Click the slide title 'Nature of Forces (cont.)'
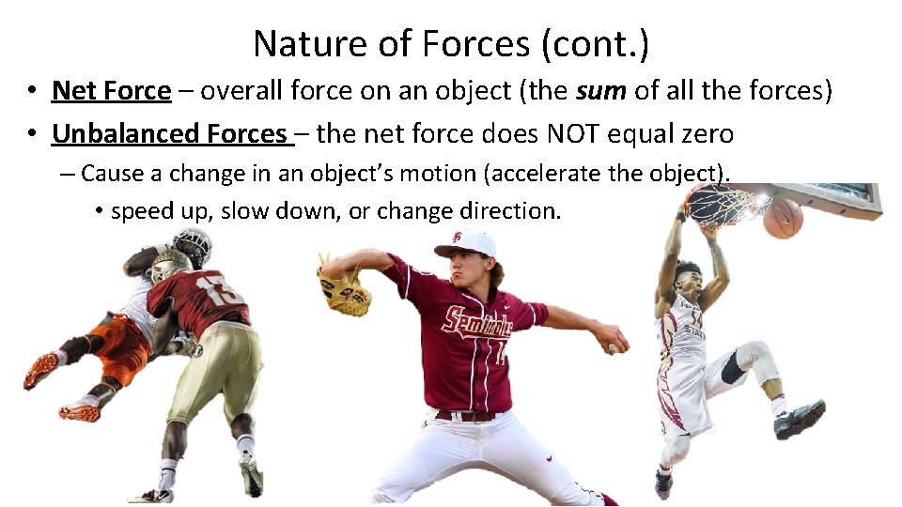(451, 43)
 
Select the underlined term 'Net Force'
(111, 91)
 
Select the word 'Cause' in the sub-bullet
(108, 174)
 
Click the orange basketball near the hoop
(783, 217)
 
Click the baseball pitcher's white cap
(466, 243)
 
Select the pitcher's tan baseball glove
(344, 290)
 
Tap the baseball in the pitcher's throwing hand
(614, 347)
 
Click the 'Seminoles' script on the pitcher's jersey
(476, 324)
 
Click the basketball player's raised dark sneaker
(800, 419)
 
